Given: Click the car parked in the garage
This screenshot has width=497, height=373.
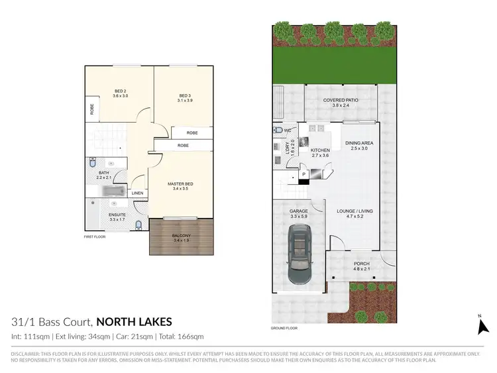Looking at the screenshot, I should pos(301,254).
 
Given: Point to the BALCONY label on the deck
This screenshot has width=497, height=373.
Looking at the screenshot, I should pos(181,239).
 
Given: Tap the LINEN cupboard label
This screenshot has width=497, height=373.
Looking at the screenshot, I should pos(137,193).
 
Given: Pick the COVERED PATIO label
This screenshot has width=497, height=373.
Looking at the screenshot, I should pos(341,102).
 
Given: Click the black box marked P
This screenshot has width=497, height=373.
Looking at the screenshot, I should pos(303,175).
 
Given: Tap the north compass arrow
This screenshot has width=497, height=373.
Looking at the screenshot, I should pos(482,325).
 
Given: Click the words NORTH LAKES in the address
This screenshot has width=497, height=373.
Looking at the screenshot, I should pos(134,322).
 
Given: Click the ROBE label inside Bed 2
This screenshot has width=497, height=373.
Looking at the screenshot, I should pos(92,109).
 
